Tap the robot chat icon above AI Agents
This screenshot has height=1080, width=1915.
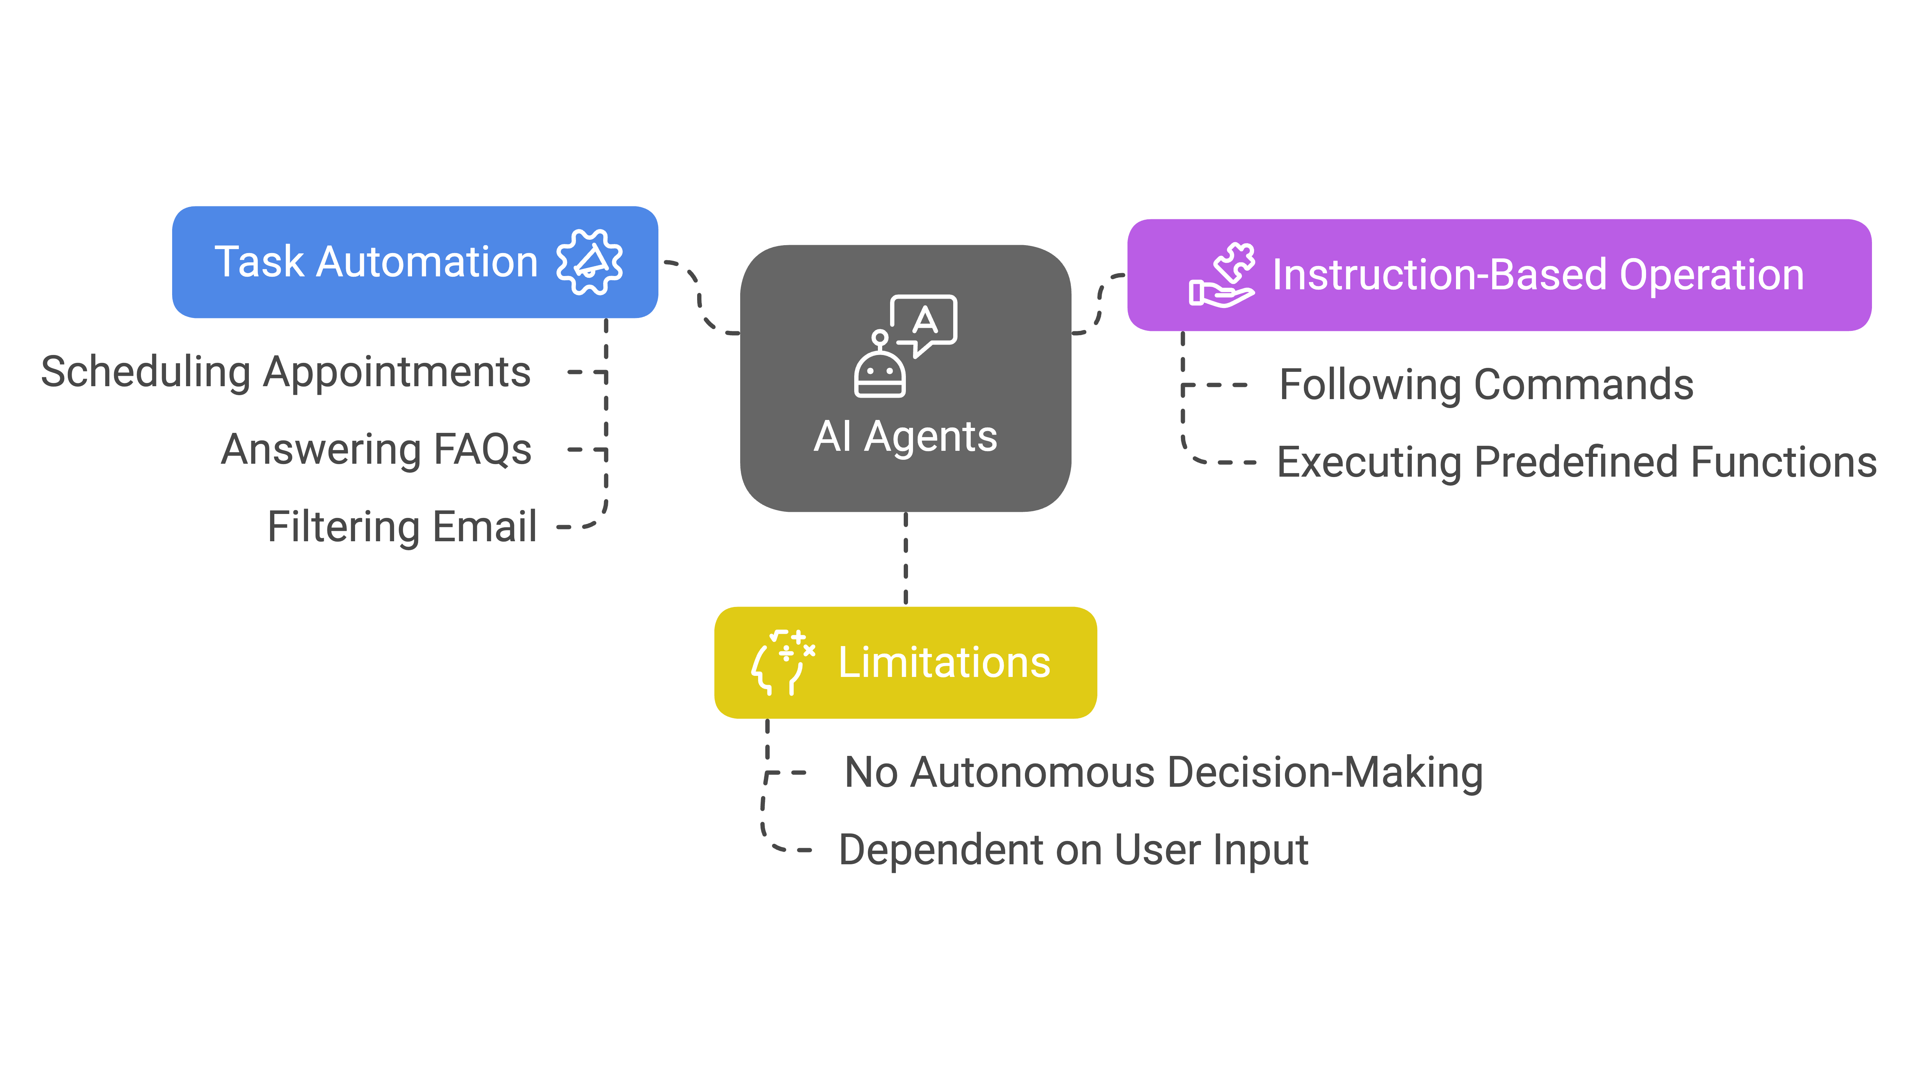[905, 346]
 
